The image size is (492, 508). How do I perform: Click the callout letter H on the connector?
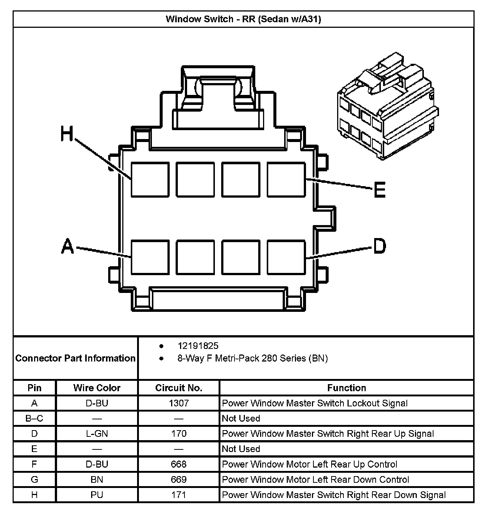click(x=67, y=134)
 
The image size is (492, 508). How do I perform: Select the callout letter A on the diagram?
click(x=67, y=246)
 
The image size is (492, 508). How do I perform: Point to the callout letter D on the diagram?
click(x=379, y=246)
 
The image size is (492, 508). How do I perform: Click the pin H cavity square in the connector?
click(x=150, y=179)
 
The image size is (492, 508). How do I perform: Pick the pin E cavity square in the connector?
click(x=286, y=179)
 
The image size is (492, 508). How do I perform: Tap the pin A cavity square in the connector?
click(x=150, y=257)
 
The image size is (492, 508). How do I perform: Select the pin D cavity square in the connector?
click(x=286, y=257)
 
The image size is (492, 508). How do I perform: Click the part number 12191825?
click(x=198, y=346)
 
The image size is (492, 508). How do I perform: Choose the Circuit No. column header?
click(x=179, y=388)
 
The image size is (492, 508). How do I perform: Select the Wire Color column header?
click(x=97, y=388)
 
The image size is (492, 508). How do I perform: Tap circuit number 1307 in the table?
click(x=179, y=403)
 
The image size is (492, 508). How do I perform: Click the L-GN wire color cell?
click(x=97, y=433)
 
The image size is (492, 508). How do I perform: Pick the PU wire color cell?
click(x=97, y=495)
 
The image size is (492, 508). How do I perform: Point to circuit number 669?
click(x=179, y=479)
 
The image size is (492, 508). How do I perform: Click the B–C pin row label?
click(x=34, y=418)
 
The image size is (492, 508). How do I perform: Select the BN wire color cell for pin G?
click(x=97, y=479)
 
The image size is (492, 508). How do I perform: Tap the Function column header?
click(x=346, y=388)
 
